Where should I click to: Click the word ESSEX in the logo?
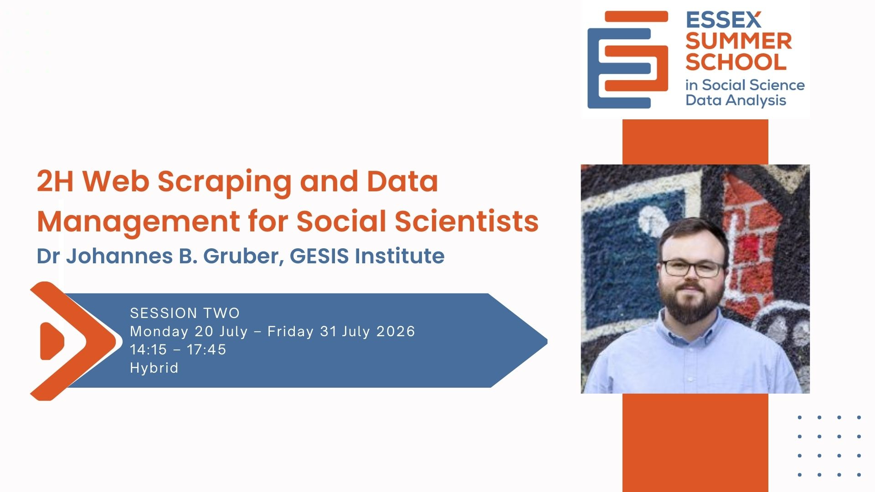[723, 20]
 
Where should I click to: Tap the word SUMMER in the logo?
[738, 41]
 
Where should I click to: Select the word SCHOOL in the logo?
[736, 62]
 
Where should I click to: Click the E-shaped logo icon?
[628, 60]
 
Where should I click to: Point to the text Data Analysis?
[736, 100]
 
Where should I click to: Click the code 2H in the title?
[55, 181]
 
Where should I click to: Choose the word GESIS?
[319, 256]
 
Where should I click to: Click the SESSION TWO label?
[185, 313]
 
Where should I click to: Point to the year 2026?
[396, 331]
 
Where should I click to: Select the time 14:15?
[149, 349]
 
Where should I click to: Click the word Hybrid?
[154, 368]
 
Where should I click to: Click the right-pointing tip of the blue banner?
[546, 341]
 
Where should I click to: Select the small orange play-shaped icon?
[51, 341]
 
